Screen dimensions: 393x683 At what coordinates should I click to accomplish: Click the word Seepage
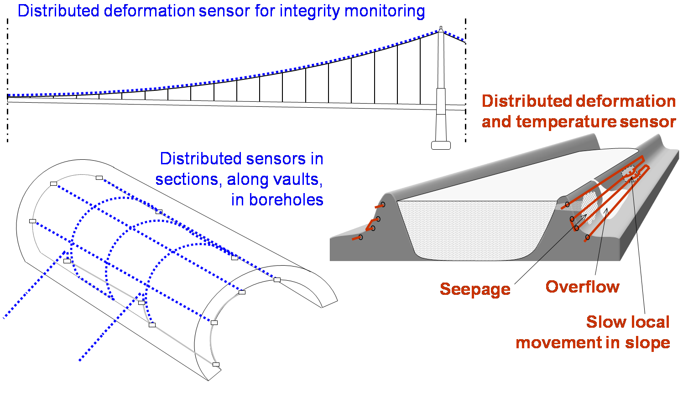[475, 289]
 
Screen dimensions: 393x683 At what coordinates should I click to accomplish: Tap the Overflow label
[582, 287]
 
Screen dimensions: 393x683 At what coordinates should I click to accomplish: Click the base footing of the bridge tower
[441, 146]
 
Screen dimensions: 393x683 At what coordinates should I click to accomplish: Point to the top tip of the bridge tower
[441, 28]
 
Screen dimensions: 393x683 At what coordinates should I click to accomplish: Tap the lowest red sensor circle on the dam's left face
[360, 237]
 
